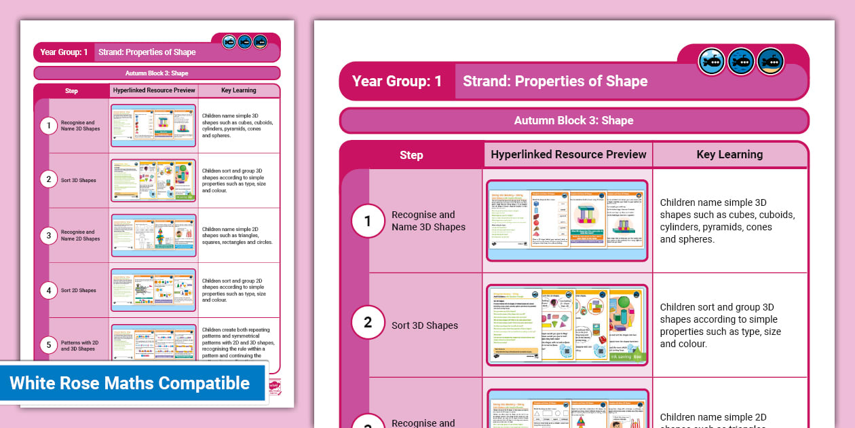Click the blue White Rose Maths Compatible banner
click(130, 383)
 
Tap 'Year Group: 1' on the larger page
click(397, 82)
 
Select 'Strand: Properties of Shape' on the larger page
click(555, 82)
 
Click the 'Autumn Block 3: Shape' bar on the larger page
click(573, 120)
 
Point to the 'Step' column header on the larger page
click(411, 155)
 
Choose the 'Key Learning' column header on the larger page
click(729, 154)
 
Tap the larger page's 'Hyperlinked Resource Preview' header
click(568, 154)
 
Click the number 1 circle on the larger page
click(368, 221)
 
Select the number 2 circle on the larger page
click(368, 322)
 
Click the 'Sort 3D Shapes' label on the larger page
click(425, 325)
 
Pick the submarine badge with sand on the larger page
click(771, 62)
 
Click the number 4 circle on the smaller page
click(48, 291)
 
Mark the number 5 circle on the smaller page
click(48, 345)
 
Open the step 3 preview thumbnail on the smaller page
click(153, 235)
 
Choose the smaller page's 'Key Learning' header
click(238, 90)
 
